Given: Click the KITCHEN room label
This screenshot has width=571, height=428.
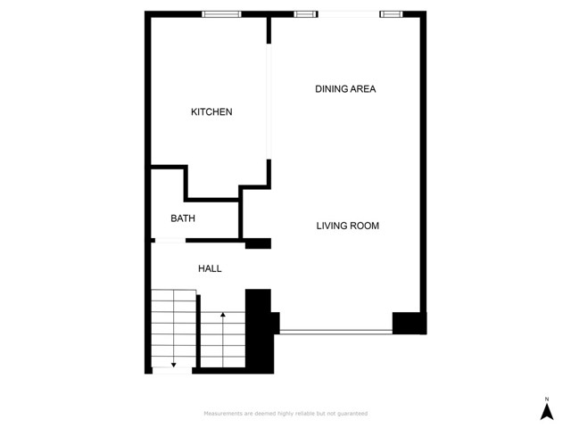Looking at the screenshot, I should [211, 112].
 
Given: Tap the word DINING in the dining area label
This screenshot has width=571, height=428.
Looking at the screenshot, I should [331, 89].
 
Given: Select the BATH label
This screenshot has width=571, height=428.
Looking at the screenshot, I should [183, 218].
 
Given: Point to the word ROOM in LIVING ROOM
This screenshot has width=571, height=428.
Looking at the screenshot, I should [364, 226].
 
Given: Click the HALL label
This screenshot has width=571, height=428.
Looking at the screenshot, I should [210, 268].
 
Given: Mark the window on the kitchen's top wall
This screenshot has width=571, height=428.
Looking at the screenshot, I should [221, 13].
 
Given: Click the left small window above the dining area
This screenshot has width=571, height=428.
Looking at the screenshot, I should [305, 13].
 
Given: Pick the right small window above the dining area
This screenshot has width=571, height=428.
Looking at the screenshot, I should [390, 13].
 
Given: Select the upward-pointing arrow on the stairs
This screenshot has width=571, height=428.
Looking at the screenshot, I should [222, 317].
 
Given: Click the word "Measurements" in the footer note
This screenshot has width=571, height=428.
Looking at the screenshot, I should [223, 414].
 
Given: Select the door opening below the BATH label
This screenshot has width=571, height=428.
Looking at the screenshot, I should [170, 240].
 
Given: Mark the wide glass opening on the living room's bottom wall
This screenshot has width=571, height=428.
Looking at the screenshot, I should [336, 332].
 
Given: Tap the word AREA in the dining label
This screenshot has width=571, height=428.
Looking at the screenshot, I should [363, 89].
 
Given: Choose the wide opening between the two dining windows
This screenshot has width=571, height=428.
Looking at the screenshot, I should [348, 13].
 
